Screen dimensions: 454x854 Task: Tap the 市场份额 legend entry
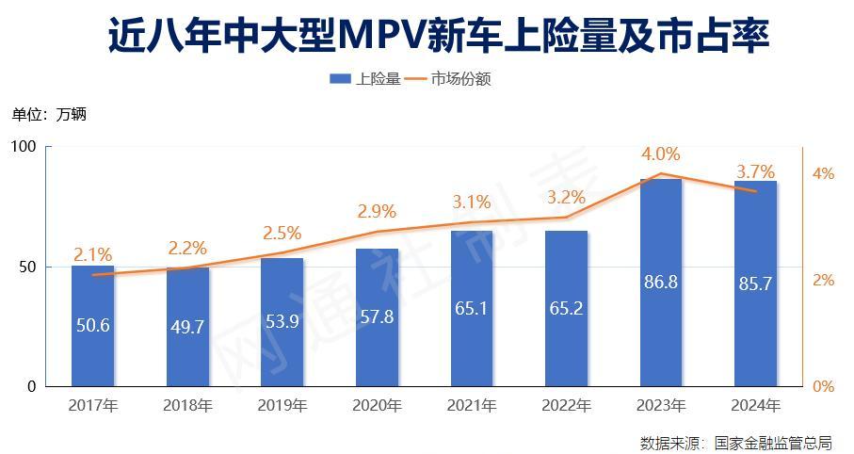click(449, 79)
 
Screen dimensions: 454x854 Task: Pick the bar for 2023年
click(660, 283)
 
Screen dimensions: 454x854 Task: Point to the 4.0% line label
click(661, 154)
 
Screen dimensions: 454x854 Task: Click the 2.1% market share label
click(93, 254)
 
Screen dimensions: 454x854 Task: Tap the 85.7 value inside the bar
click(755, 283)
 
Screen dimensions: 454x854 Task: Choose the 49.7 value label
click(187, 327)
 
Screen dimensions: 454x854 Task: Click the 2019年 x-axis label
click(282, 406)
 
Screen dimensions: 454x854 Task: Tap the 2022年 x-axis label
click(566, 406)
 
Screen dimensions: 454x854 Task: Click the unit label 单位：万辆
click(49, 115)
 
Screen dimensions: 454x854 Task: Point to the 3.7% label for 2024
click(755, 171)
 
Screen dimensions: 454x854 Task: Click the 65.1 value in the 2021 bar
click(471, 308)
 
